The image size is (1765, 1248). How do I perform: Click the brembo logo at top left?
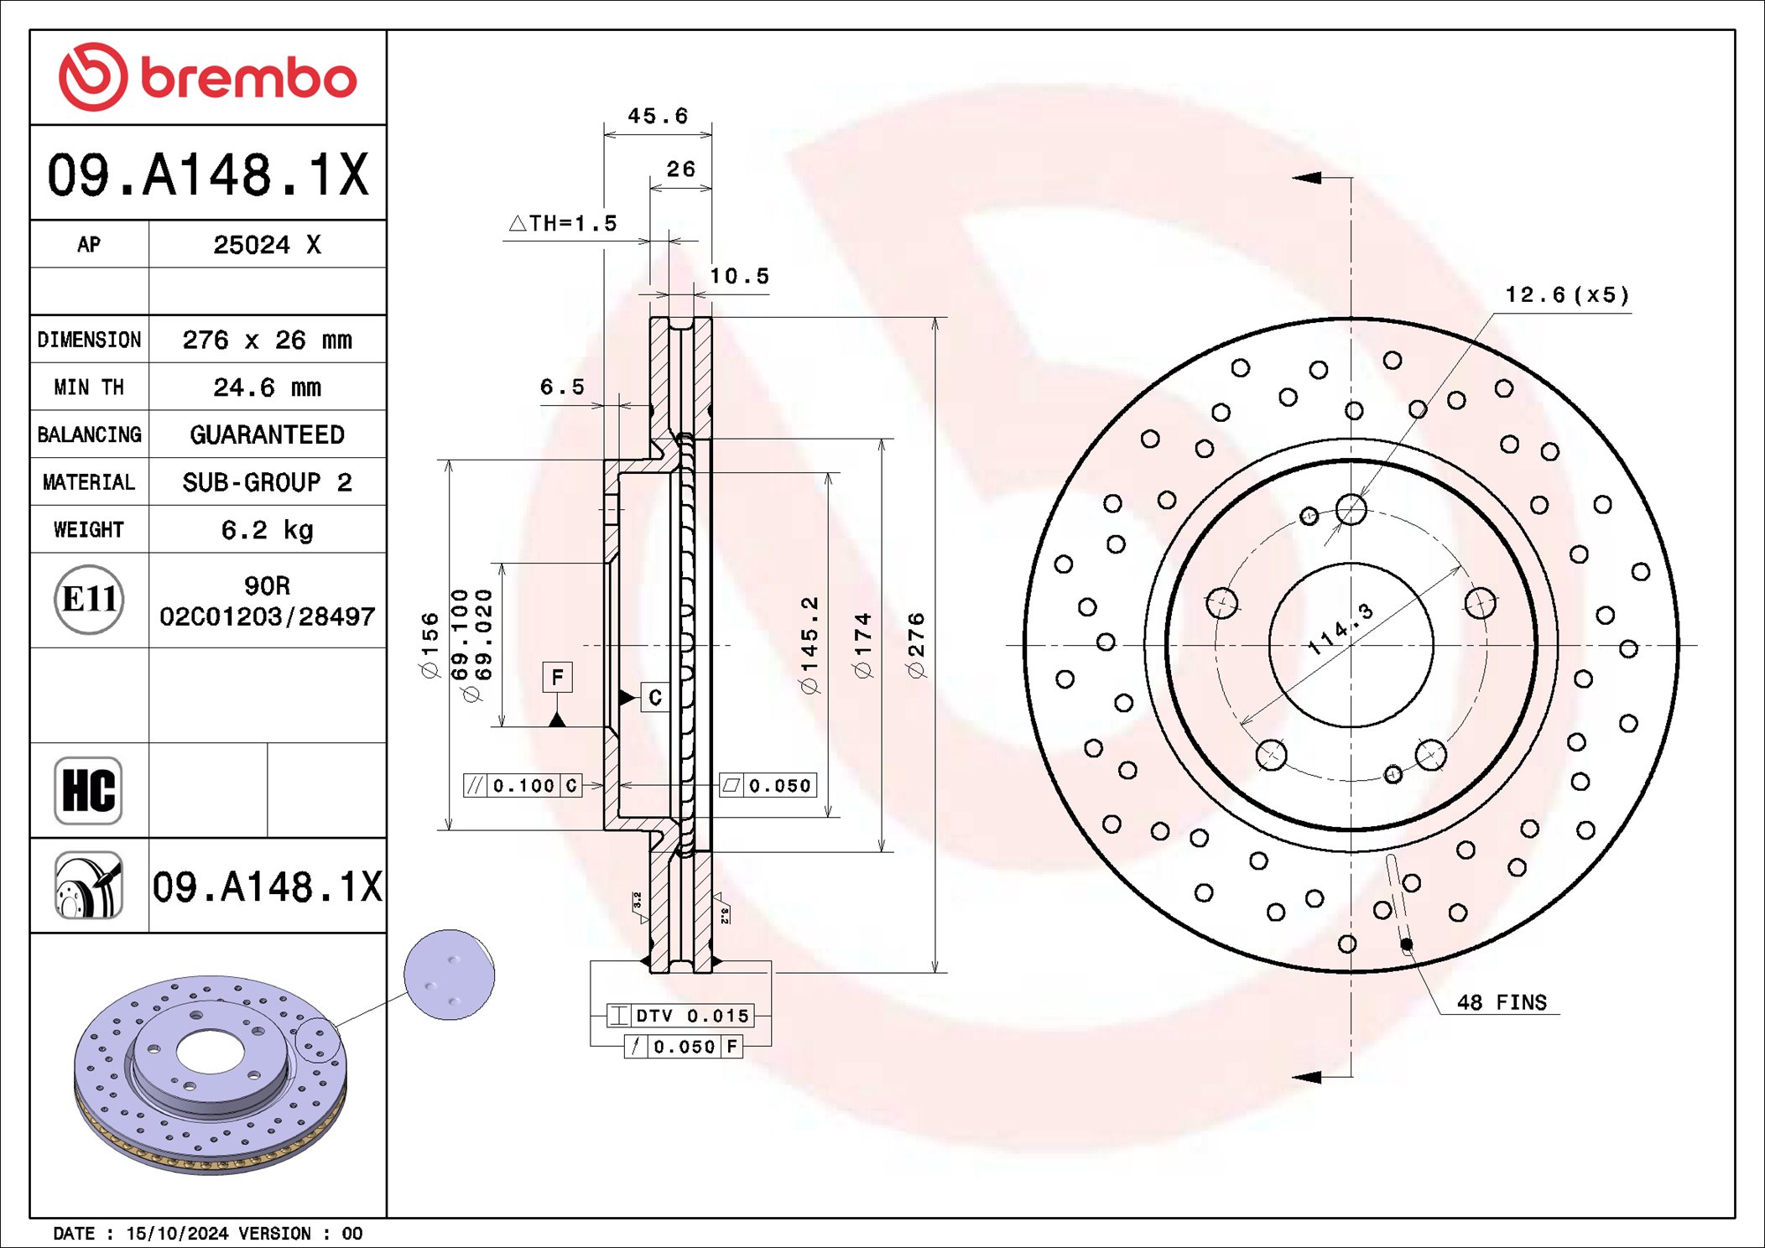(x=207, y=77)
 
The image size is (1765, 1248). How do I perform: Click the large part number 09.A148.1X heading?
(x=207, y=174)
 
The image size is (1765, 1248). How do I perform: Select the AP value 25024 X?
(x=267, y=245)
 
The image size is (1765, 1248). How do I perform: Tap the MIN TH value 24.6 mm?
(x=267, y=387)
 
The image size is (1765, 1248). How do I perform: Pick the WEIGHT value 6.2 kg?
(x=267, y=530)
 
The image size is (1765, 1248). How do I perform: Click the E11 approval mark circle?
(x=89, y=600)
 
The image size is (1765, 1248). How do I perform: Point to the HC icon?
(x=88, y=790)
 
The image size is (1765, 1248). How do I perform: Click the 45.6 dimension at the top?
(x=658, y=116)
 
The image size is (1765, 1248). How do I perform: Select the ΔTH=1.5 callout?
(x=564, y=224)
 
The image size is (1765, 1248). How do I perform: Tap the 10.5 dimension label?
(x=739, y=276)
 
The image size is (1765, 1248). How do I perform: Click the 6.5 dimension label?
(x=561, y=387)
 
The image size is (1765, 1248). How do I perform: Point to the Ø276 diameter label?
(x=916, y=645)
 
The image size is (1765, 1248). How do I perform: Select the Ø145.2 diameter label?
(x=810, y=645)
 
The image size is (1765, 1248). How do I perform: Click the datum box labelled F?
(x=557, y=677)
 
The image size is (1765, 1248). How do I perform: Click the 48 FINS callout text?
(x=1502, y=1002)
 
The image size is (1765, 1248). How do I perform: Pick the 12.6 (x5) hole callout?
(x=1567, y=295)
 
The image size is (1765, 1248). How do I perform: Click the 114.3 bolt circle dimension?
(x=1341, y=629)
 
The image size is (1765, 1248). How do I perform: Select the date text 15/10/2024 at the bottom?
(x=176, y=1234)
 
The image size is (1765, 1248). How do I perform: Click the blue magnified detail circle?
(x=449, y=975)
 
